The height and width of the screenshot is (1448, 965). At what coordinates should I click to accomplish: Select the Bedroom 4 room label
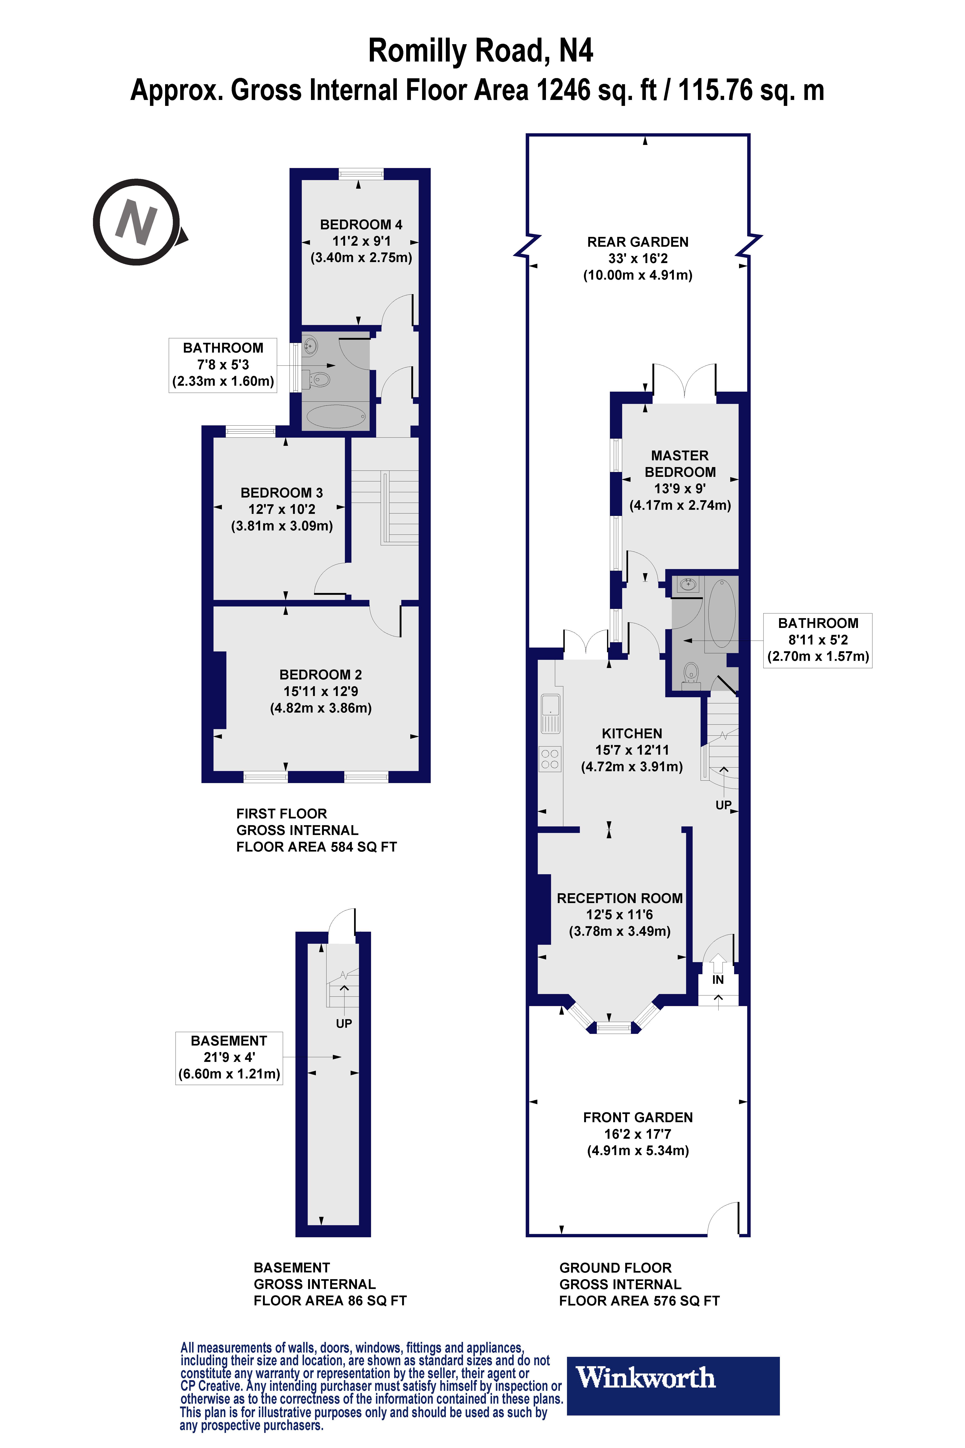click(x=361, y=225)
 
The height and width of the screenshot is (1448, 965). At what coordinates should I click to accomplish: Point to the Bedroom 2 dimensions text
click(x=321, y=700)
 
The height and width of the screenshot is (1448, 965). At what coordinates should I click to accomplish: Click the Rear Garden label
click(x=638, y=242)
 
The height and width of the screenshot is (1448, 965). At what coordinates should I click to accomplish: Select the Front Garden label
click(x=638, y=1117)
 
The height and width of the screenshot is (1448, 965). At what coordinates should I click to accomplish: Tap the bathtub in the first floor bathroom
click(x=336, y=417)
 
